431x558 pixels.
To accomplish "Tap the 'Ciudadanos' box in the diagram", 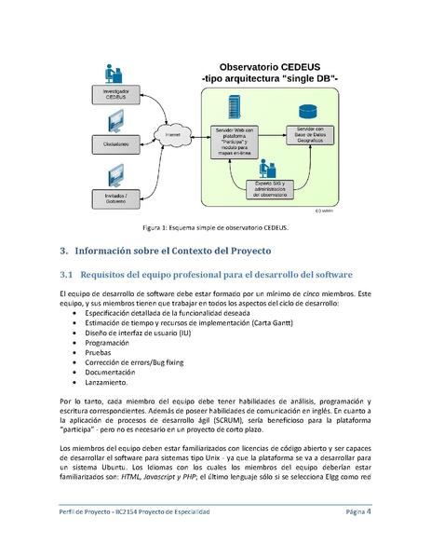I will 116,144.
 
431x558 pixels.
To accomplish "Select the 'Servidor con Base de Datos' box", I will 304,138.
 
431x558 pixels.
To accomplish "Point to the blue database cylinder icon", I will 305,109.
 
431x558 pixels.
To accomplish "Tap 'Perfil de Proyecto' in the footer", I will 80,512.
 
